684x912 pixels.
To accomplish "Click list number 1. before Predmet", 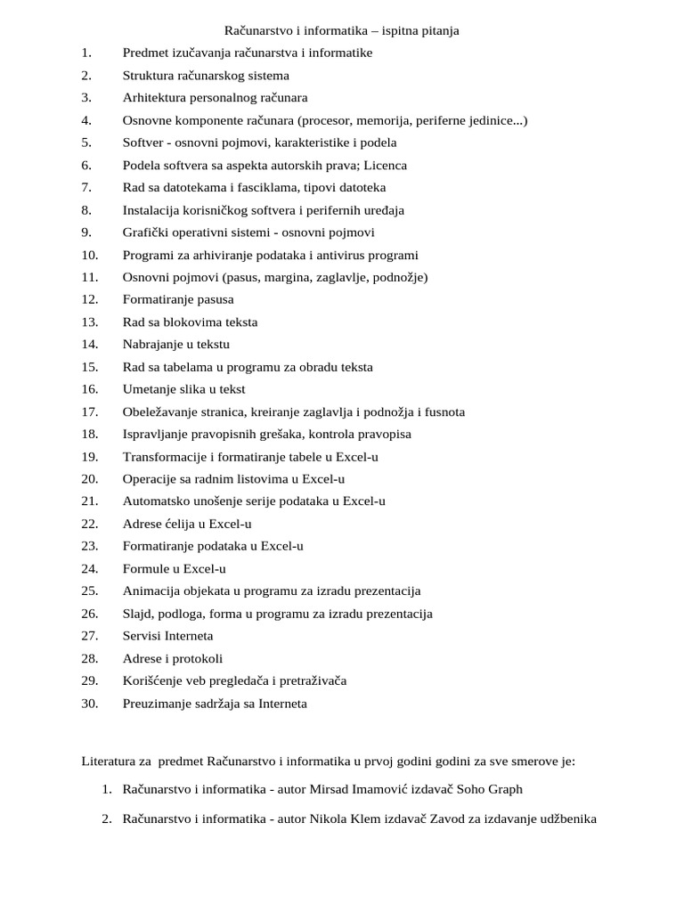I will pyautogui.click(x=85, y=53).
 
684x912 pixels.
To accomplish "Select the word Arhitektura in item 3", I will pyautogui.click(x=153, y=98).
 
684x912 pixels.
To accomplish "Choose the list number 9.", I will pyautogui.click(x=85, y=232).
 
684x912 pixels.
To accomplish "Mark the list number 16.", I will pyautogui.click(x=89, y=389).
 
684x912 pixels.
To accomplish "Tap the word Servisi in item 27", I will pyautogui.click(x=142, y=636).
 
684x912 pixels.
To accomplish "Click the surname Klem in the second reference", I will pyautogui.click(x=382, y=819).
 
